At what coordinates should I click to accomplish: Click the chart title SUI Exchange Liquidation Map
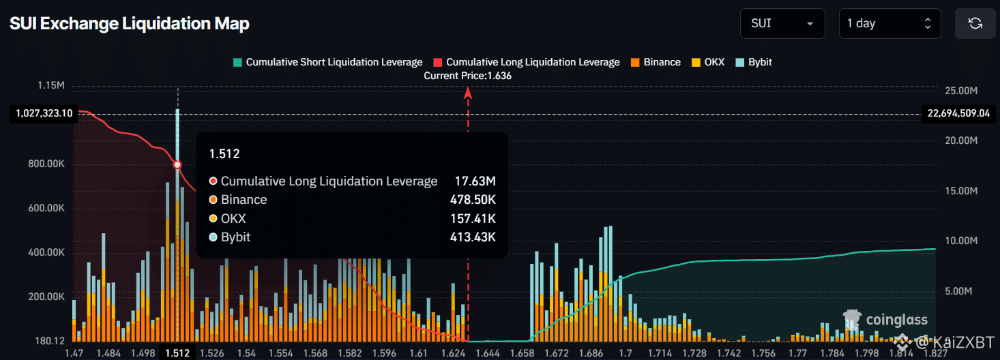click(130, 24)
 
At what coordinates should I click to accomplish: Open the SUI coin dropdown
click(782, 23)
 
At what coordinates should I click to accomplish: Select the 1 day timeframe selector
click(889, 23)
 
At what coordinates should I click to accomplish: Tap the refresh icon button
click(975, 23)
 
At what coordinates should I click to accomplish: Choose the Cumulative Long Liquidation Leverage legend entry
click(527, 62)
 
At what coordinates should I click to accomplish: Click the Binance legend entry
click(656, 62)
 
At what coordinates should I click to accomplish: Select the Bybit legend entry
click(755, 62)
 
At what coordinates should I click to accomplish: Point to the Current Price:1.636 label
click(467, 76)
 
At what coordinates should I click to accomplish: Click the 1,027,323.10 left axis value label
click(42, 114)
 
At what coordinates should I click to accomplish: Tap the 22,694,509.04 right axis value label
click(958, 114)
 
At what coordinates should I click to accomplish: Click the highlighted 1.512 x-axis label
click(177, 352)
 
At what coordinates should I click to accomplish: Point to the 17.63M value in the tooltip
click(475, 181)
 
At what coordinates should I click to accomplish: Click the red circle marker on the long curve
click(177, 165)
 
